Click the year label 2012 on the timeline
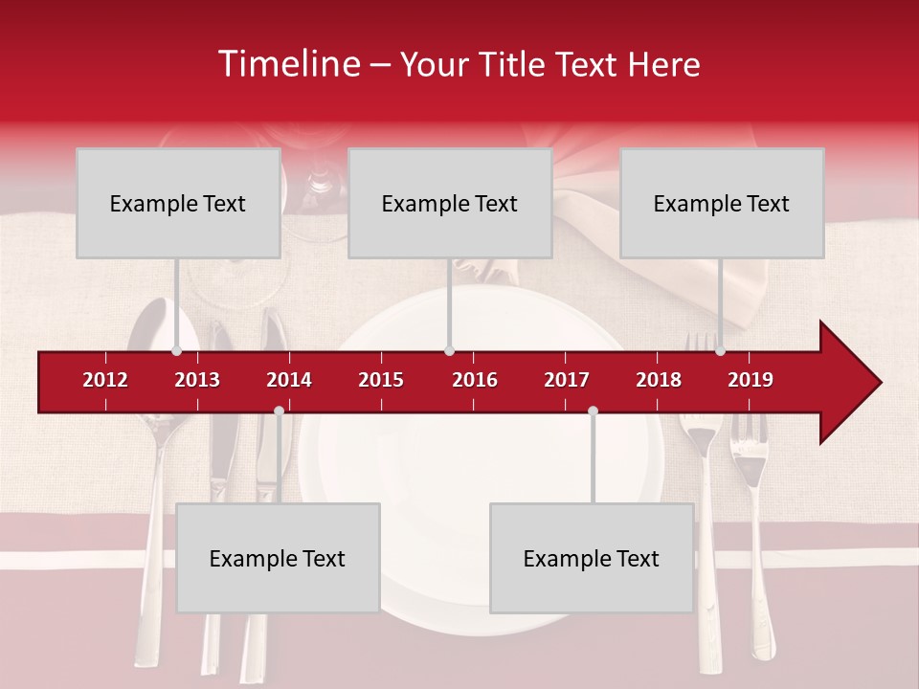(105, 380)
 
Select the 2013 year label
(197, 380)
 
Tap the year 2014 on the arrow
(289, 380)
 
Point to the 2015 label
(381, 380)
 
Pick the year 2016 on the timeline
(475, 380)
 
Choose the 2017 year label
(567, 380)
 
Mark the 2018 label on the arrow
(659, 380)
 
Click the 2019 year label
(751, 380)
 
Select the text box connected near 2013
(178, 203)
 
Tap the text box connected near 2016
(450, 203)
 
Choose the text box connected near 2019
(722, 203)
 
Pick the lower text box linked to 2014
(278, 558)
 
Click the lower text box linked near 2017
(592, 558)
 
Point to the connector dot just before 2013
(176, 351)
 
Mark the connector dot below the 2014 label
(279, 411)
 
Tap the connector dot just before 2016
(450, 351)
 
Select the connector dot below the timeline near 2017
(593, 411)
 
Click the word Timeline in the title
(288, 64)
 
